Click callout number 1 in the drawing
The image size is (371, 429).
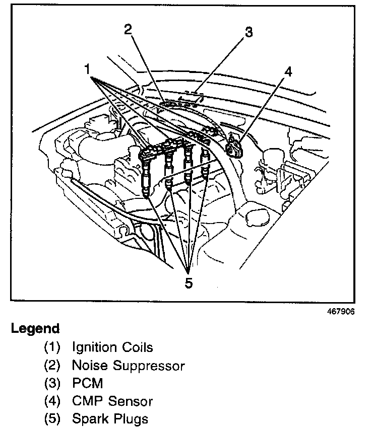88,67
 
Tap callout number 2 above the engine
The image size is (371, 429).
129,29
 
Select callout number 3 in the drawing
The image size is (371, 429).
248,33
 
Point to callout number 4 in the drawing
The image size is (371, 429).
288,72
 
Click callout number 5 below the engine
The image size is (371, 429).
188,283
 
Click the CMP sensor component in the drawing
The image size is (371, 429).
235,148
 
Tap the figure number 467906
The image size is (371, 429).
341,311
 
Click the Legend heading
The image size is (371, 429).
35,329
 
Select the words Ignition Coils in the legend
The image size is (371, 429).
112,347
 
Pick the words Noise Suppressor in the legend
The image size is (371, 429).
129,366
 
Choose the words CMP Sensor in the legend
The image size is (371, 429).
112,401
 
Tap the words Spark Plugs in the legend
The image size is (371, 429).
110,419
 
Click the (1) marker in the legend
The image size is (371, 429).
51,347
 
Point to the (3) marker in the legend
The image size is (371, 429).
51,384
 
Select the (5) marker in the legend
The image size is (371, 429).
51,419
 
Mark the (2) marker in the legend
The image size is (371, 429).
51,366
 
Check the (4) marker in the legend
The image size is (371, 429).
51,401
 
